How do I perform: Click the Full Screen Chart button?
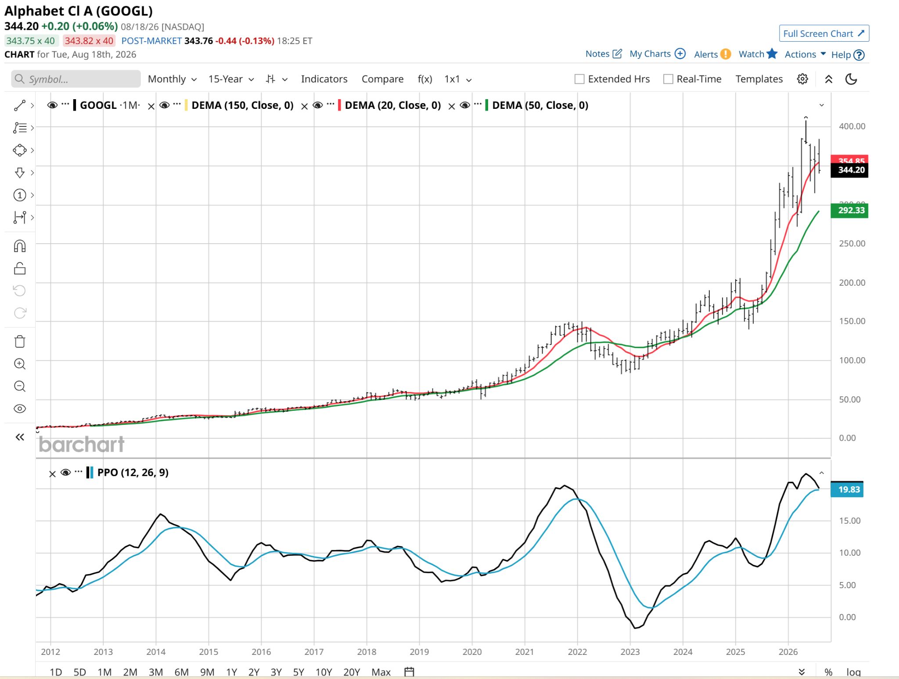pos(824,34)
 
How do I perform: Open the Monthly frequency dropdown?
pos(172,79)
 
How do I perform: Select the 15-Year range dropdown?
pos(231,79)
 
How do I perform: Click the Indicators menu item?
pos(324,79)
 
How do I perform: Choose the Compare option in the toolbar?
pos(382,79)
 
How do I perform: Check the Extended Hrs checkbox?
pos(579,79)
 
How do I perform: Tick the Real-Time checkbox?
pos(668,79)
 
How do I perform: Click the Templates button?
pos(759,79)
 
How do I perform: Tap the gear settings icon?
pos(802,79)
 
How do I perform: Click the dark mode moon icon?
pos(851,79)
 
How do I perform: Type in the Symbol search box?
pos(76,79)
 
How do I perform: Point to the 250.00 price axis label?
pos(852,244)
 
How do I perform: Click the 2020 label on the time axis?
pos(472,652)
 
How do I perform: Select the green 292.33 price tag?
pos(849,210)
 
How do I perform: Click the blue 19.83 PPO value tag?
pos(847,489)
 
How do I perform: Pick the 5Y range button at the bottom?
pos(298,672)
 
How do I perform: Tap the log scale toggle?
pos(853,672)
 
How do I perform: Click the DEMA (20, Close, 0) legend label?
pos(393,105)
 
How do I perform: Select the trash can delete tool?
pos(20,341)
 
